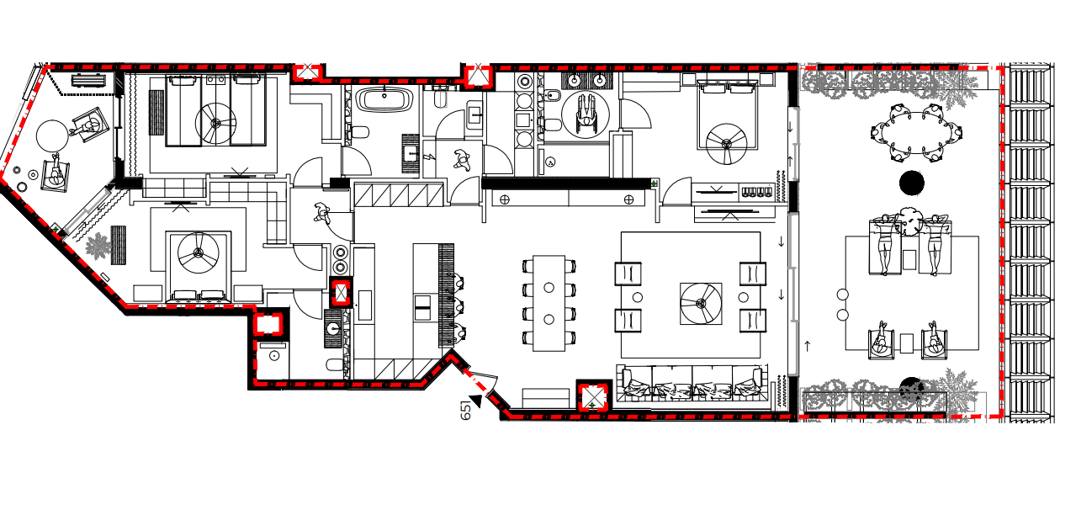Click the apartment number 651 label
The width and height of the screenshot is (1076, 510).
coord(465,410)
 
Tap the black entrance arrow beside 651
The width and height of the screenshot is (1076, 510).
coord(476,400)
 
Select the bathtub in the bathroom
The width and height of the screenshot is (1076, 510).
coord(384,100)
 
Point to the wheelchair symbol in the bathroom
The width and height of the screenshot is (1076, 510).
coord(585,114)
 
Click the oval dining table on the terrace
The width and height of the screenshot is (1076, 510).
coord(917,133)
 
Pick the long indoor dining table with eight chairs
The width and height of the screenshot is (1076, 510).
coord(549,303)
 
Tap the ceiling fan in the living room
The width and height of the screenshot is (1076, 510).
coord(701,303)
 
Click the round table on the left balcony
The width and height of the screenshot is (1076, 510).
coord(52,135)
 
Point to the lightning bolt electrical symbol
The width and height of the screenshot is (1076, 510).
coord(431,157)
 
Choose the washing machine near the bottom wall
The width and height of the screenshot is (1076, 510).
coord(273,360)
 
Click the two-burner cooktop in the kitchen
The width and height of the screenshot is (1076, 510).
coord(341,259)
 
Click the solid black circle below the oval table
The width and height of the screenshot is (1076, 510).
coord(912,183)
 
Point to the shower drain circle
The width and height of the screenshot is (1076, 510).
coord(550,162)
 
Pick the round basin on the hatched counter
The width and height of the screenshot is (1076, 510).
coord(333,329)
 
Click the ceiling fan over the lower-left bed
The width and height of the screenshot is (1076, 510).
coord(199,252)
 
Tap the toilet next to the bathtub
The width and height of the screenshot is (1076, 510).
coord(360,132)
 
